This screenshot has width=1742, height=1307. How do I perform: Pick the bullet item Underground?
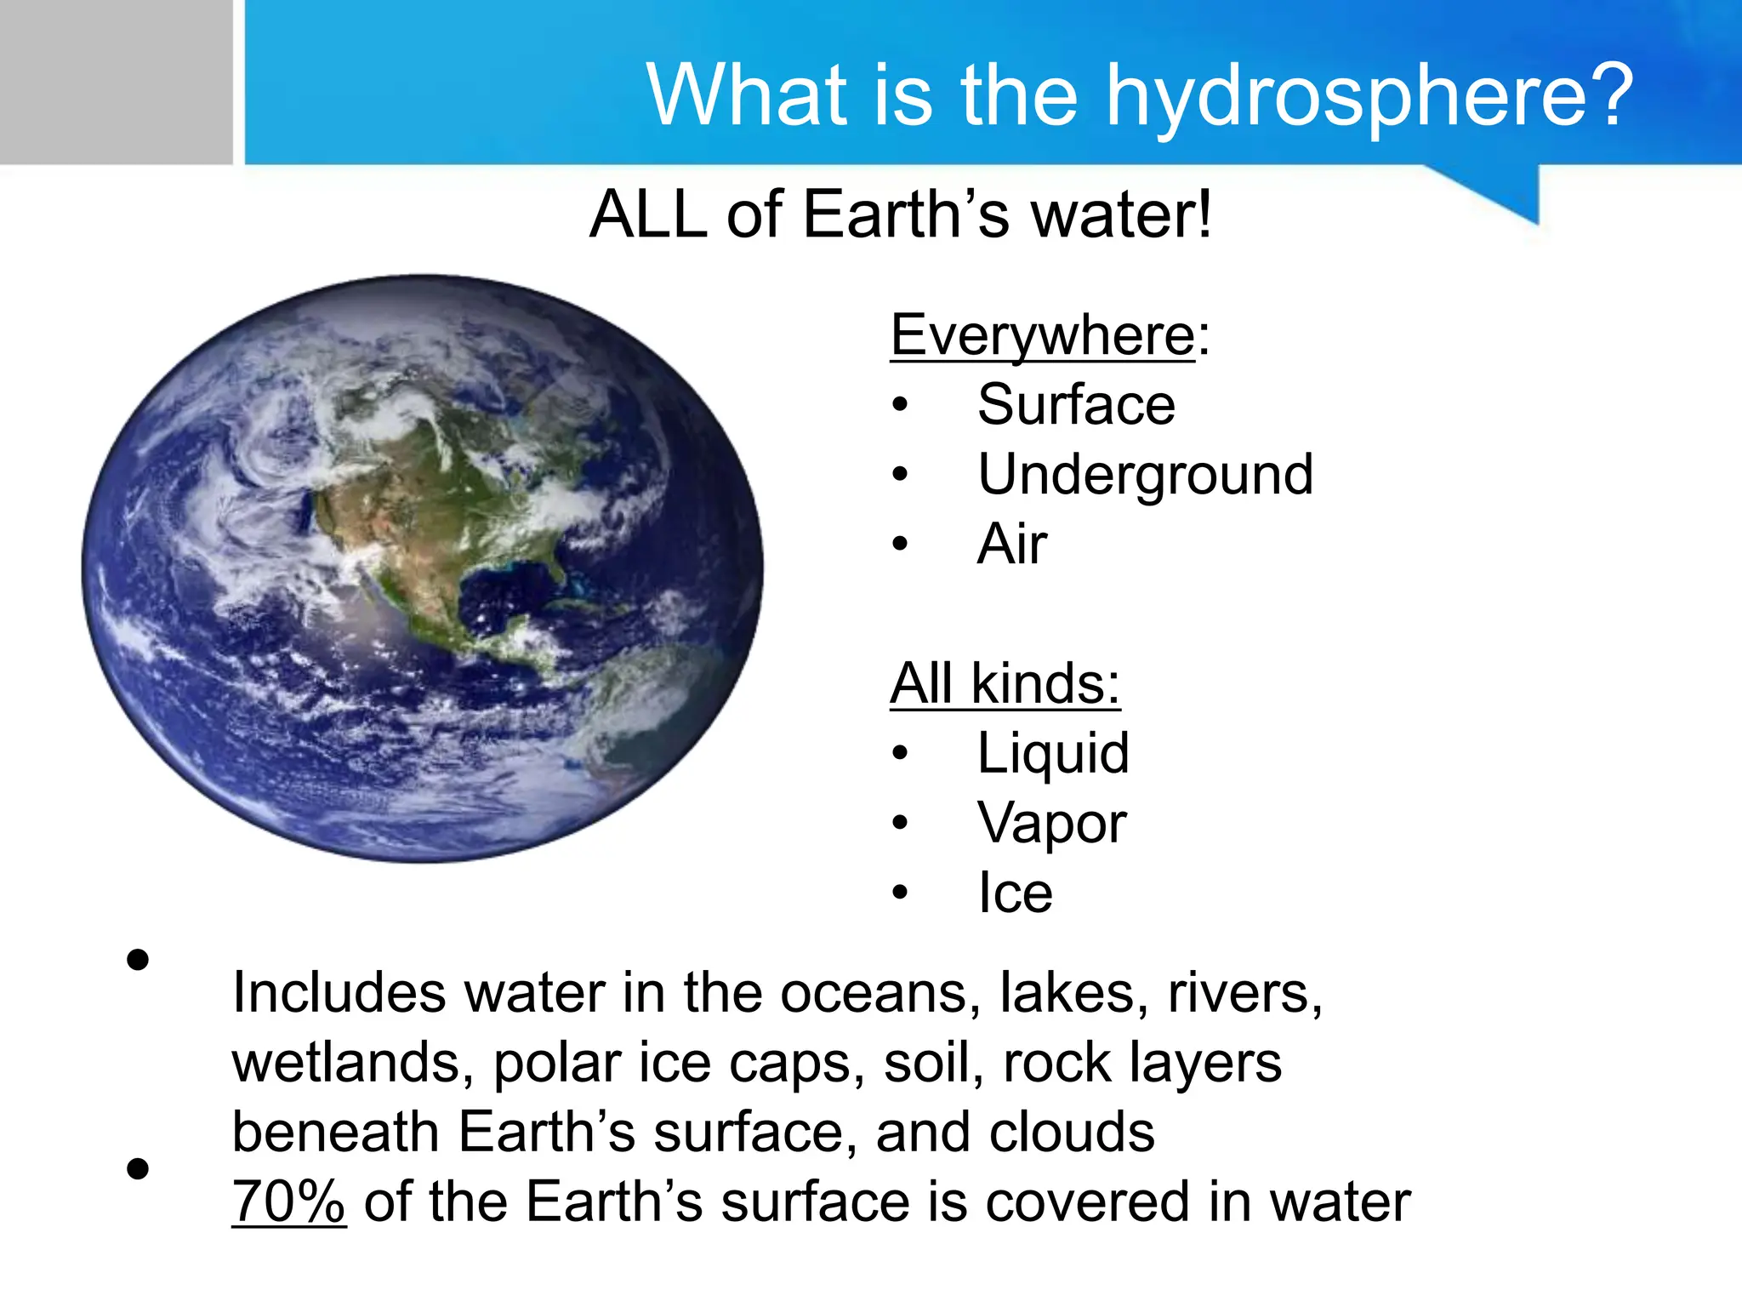click(x=1145, y=474)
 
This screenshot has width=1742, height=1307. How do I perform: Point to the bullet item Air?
click(x=1012, y=544)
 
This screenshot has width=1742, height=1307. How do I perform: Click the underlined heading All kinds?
click(x=1005, y=683)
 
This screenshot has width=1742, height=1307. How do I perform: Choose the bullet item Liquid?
click(x=1053, y=753)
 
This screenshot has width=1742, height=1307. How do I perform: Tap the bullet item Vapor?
click(x=1051, y=823)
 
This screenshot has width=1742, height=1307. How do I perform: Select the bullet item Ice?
click(x=1015, y=893)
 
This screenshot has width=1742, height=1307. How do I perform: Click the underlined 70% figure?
click(x=288, y=1201)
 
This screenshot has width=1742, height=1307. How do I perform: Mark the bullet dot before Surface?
click(x=900, y=405)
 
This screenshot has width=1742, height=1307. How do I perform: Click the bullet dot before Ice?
click(x=900, y=893)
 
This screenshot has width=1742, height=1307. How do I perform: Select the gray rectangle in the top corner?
click(x=116, y=82)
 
